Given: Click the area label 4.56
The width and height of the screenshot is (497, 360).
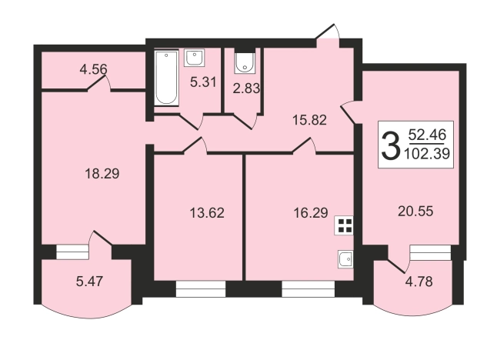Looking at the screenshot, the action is coord(93,69).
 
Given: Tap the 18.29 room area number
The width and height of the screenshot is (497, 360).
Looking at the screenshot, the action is coord(102,174).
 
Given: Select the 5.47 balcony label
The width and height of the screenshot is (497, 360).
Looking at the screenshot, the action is coord(90,282).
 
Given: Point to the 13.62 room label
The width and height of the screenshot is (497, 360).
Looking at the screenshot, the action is coord(207,212).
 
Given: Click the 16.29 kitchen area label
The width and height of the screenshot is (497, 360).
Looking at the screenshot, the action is coord(311,212).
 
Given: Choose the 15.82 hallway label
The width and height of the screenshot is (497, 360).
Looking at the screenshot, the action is coord(309,120).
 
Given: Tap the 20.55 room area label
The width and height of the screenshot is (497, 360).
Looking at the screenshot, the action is coord(415,211).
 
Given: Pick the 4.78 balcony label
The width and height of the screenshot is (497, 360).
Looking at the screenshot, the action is coord(419,282).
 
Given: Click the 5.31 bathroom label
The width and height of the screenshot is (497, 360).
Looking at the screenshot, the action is coord(203,82).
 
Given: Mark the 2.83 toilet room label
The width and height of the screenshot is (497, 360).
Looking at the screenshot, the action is coord(246,88).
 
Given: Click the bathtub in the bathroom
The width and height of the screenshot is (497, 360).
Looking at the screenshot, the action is coord(166,78).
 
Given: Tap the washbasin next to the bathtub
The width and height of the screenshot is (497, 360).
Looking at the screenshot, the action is coord(195,58).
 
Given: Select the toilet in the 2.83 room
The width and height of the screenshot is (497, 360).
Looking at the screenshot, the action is coord(245,62).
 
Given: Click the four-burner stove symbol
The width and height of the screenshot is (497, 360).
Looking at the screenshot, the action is coord(344,225).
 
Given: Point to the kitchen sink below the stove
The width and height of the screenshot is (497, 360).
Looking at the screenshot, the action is coord(345,259).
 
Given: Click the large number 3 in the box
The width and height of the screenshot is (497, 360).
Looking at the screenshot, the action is coord(390,146).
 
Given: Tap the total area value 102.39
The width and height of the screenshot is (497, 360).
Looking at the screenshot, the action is coord(427,154).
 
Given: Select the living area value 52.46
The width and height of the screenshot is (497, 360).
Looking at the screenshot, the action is coord(427,135).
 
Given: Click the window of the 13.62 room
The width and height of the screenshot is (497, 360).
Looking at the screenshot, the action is coord(200,289).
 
